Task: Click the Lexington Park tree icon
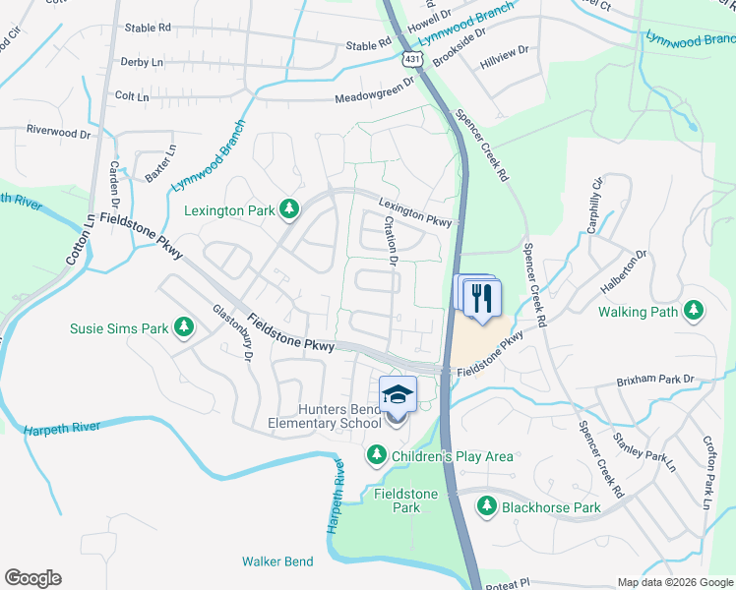[288, 208]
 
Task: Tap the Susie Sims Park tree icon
[183, 325]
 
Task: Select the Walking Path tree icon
[694, 311]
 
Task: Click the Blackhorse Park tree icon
[486, 506]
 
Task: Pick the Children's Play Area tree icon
[376, 454]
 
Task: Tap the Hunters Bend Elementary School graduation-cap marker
[398, 396]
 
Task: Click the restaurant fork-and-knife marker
[481, 298]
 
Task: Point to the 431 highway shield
[412, 59]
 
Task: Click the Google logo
[32, 578]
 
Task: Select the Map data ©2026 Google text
[675, 582]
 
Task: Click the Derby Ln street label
[141, 62]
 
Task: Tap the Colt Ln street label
[132, 96]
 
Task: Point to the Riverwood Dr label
[58, 130]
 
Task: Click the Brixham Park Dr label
[656, 380]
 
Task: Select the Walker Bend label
[277, 561]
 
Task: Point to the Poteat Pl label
[511, 582]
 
